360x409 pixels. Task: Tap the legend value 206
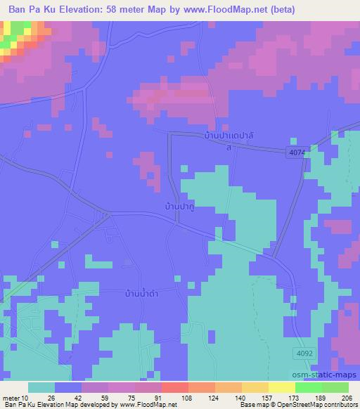pos(347,398)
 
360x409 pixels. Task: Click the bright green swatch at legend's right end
pos(335,387)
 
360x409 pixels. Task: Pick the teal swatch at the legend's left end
pos(41,387)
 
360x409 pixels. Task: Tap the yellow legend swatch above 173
pos(282,387)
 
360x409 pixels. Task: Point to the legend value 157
pos(267,398)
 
